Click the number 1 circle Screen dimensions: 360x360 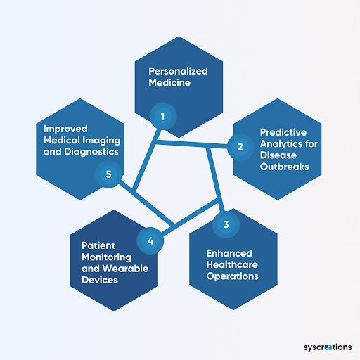pos(163,117)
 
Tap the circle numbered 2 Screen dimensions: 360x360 pos(240,147)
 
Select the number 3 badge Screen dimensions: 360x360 pos(226,224)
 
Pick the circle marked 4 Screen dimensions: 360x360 pos(150,241)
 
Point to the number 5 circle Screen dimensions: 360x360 pos(108,174)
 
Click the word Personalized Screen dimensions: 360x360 pos(178,71)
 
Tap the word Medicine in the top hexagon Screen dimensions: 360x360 pos(169,82)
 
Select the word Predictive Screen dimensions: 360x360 pos(283,132)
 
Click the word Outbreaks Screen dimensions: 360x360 pos(284,167)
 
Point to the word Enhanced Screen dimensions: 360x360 pos(229,253)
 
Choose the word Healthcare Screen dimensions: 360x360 pos(232,264)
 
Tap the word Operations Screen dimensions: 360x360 pos(232,276)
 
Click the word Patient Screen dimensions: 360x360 pos(98,245)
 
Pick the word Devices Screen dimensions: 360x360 pos(100,280)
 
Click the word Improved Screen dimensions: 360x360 pos(65,129)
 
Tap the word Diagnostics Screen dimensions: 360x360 pos(91,152)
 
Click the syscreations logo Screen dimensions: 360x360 pos(328,347)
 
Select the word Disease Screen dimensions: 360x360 pos(278,155)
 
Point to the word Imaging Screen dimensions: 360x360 pos(101,141)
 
